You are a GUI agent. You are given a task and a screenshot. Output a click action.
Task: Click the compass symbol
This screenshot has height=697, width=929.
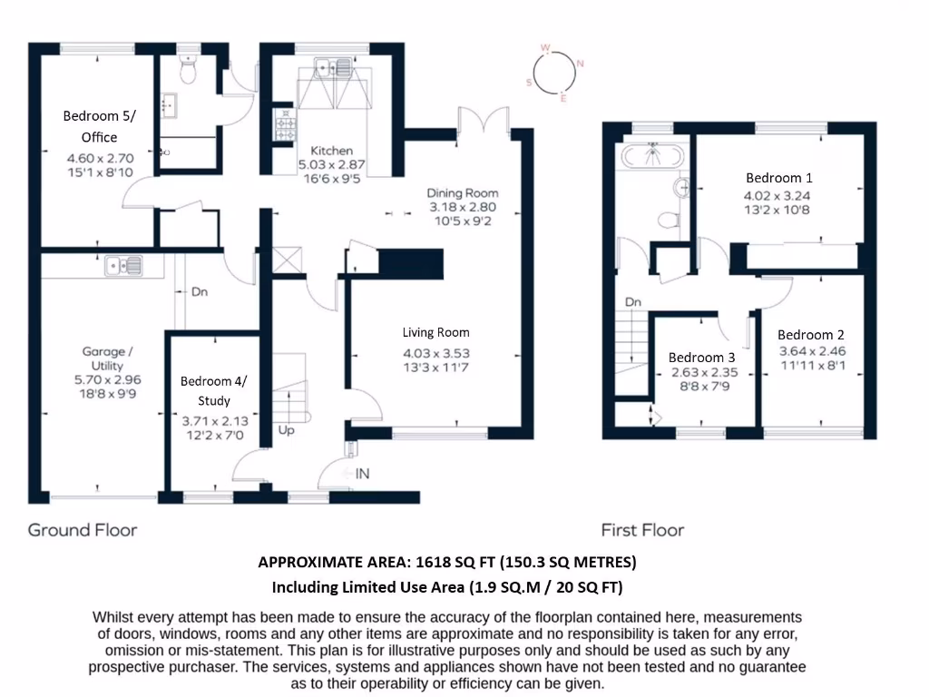pyautogui.click(x=554, y=71)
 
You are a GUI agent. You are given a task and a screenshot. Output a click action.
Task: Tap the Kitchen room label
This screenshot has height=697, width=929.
pyautogui.click(x=332, y=151)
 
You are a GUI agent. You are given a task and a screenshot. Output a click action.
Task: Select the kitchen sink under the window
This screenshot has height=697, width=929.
pyautogui.click(x=333, y=66)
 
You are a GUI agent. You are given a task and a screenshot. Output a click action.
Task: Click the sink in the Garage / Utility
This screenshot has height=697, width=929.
pyautogui.click(x=122, y=266)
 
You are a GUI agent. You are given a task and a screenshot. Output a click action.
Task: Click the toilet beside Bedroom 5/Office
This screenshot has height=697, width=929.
pyautogui.click(x=189, y=70)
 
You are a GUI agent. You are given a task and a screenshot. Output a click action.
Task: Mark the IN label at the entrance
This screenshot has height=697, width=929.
pyautogui.click(x=362, y=474)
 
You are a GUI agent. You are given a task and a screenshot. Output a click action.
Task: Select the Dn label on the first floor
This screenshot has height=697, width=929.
pyautogui.click(x=632, y=302)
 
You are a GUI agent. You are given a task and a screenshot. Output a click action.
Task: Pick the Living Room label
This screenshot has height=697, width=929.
pyautogui.click(x=436, y=332)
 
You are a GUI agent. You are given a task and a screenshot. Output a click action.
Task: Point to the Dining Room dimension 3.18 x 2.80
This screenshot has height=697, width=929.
pyautogui.click(x=463, y=207)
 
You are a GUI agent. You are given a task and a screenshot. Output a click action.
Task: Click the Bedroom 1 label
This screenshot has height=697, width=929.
pyautogui.click(x=773, y=178)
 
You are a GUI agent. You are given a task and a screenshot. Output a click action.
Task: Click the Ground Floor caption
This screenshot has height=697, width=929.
pyautogui.click(x=83, y=530)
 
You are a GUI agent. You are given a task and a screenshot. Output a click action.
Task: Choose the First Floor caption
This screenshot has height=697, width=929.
pyautogui.click(x=642, y=530)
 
